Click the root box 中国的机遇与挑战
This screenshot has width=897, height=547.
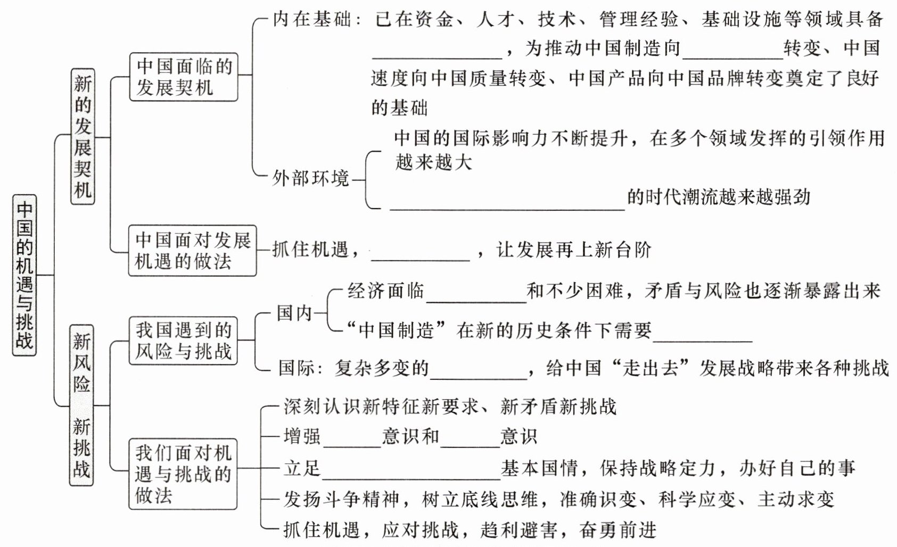24,275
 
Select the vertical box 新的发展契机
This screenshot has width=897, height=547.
83,136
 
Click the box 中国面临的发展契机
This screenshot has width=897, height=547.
184,77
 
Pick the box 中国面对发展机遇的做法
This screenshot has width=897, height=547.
192,251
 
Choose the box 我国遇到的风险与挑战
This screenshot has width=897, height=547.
183,341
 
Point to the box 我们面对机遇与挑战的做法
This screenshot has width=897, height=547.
183,474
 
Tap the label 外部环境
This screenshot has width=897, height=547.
310,178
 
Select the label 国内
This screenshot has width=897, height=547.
294,313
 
